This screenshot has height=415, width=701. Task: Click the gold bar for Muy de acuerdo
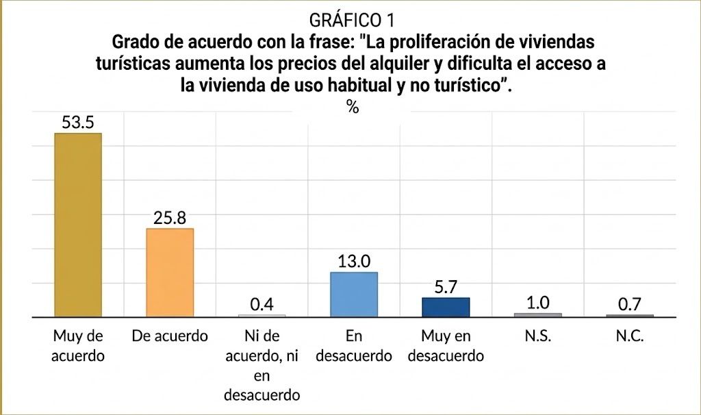coord(78,225)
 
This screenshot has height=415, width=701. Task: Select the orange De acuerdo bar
coord(170,273)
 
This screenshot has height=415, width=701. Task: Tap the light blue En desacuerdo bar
coord(354,294)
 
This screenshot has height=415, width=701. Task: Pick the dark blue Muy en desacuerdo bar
coord(446,307)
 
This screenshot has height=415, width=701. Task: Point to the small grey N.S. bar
coord(538,315)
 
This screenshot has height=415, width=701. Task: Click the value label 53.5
coord(78,123)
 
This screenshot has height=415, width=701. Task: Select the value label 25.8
coord(170,218)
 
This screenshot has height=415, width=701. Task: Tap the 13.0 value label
coord(354,261)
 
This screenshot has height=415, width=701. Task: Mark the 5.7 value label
coord(446,287)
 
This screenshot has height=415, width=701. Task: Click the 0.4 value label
coord(262,305)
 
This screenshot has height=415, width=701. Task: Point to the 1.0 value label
coord(538,303)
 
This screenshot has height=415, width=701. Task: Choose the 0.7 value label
coord(630,305)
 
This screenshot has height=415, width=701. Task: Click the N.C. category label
coord(630,336)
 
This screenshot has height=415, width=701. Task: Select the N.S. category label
coord(538,336)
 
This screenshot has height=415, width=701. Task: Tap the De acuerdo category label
coord(170,336)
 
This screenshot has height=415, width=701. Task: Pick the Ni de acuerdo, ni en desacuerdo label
coord(262,366)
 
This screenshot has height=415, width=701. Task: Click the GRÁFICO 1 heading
coord(352,20)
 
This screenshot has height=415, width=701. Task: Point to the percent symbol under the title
coord(353,107)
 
